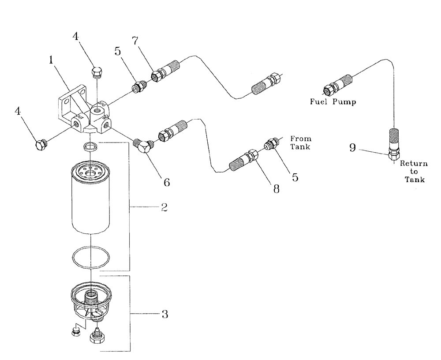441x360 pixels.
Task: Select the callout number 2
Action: (x=164, y=207)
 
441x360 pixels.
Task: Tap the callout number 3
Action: (x=164, y=314)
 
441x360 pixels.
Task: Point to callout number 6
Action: (x=167, y=181)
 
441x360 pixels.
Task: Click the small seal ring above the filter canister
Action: (x=90, y=146)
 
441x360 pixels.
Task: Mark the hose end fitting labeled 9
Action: (x=393, y=154)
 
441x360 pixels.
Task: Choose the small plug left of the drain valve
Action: (x=75, y=331)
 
